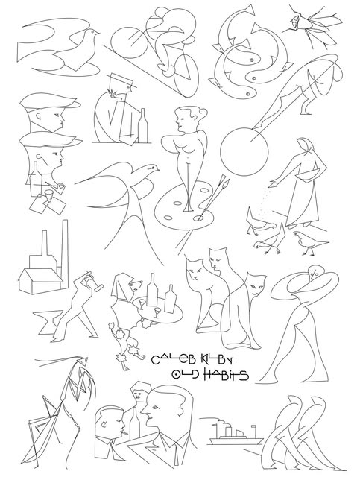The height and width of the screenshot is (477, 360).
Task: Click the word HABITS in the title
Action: (x=226, y=375)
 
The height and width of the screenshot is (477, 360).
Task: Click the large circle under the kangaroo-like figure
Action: (x=244, y=151)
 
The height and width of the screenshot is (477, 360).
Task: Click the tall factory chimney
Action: (x=65, y=252)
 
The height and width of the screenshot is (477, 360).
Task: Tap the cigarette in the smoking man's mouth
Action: (x=125, y=431)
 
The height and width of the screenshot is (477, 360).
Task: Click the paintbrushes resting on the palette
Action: (x=213, y=197)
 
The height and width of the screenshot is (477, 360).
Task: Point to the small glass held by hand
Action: (x=48, y=195)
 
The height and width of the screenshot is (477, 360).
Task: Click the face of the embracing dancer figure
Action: (x=314, y=273)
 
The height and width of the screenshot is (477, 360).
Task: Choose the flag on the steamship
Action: (x=253, y=427)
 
